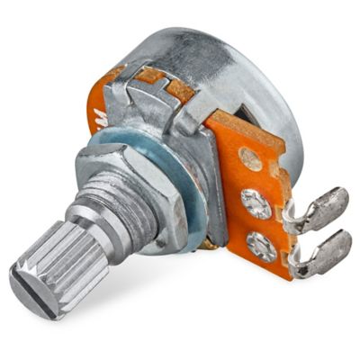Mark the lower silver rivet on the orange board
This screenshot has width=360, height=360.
(x=261, y=245)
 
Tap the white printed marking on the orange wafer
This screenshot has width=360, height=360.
(x=96, y=115)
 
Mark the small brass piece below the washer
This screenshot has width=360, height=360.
(x=209, y=243)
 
